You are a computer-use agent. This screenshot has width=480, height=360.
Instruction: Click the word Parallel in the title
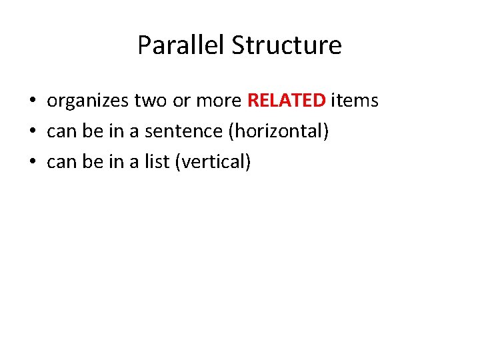point(181,45)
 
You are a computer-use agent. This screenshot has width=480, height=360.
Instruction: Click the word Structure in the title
point(287,45)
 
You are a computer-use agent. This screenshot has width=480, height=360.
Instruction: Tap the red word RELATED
point(287,101)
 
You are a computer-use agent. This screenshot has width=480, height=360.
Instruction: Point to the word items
point(355,101)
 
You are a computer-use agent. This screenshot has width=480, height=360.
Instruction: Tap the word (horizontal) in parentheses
point(279,131)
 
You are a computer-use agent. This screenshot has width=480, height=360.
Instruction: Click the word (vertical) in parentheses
point(213,161)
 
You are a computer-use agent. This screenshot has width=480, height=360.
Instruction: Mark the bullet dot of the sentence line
point(32,132)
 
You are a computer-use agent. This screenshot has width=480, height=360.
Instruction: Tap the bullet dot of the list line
point(32,162)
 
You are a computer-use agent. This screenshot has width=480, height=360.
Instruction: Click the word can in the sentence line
point(61,131)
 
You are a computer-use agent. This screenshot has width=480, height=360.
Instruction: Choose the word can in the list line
point(61,161)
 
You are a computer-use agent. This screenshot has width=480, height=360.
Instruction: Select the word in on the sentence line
point(116,131)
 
